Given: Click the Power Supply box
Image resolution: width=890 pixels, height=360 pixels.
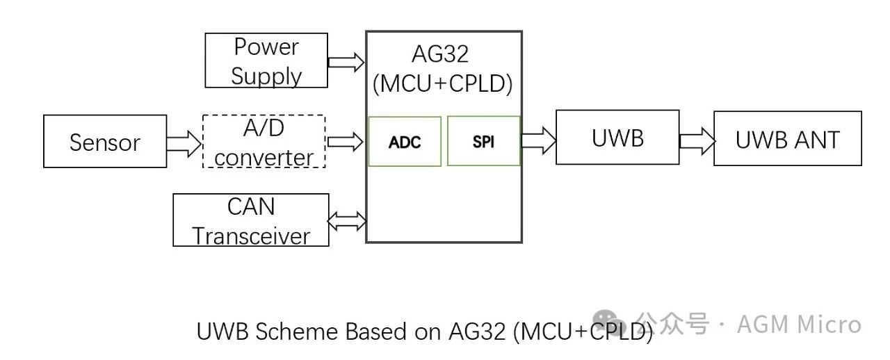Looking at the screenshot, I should tap(266, 61).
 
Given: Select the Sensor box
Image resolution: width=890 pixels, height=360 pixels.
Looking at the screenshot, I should tap(105, 142).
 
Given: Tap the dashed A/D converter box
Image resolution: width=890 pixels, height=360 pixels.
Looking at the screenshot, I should tap(264, 142).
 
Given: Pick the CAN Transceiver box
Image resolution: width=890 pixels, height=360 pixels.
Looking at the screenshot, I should tap(250, 220).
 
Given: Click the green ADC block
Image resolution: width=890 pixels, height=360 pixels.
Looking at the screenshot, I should tap(405, 142).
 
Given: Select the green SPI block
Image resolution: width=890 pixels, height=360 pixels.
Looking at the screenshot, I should tap(483, 142).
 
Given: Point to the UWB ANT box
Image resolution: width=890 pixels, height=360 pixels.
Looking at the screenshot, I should tap(787, 138).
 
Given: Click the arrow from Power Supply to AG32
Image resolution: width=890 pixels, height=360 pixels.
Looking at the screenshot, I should tap(346, 62).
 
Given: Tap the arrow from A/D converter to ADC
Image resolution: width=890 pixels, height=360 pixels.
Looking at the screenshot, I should tap(346, 142).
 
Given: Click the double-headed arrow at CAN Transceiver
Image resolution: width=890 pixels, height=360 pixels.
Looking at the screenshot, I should tap(346, 221).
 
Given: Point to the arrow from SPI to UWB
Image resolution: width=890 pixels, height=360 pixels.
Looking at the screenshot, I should tap(538, 140).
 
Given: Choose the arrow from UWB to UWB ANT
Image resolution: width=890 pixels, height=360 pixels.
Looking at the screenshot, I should tap(697, 140).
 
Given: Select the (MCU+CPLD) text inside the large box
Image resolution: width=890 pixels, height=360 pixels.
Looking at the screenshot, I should tap(443, 84).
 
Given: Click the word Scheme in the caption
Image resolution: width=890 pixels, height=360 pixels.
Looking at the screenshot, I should tap(298, 332).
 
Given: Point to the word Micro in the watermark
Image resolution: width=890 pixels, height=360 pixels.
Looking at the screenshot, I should tap(829, 325).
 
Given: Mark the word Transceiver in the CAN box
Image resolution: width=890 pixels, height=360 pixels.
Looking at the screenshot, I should tap(251, 236).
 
